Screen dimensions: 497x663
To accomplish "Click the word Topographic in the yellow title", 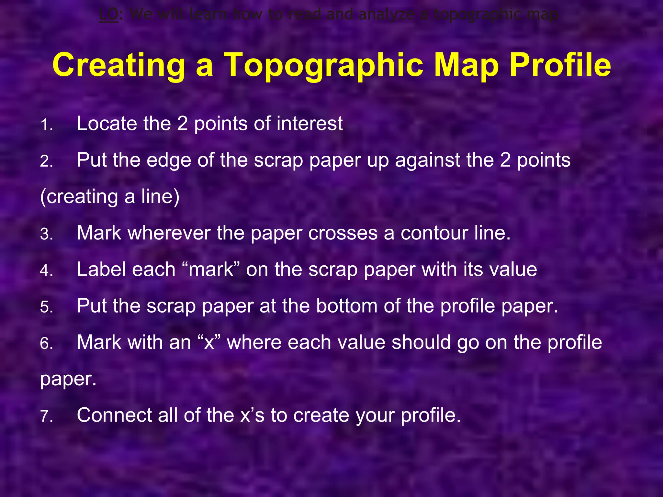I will pos(323,65).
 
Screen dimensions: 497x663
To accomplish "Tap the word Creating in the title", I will pos(118,65).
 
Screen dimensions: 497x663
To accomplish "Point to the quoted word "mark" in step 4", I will pos(210,269).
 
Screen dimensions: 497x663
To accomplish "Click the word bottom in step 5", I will pos(346,306).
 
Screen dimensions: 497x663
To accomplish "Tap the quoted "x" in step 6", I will pos(209,342).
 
